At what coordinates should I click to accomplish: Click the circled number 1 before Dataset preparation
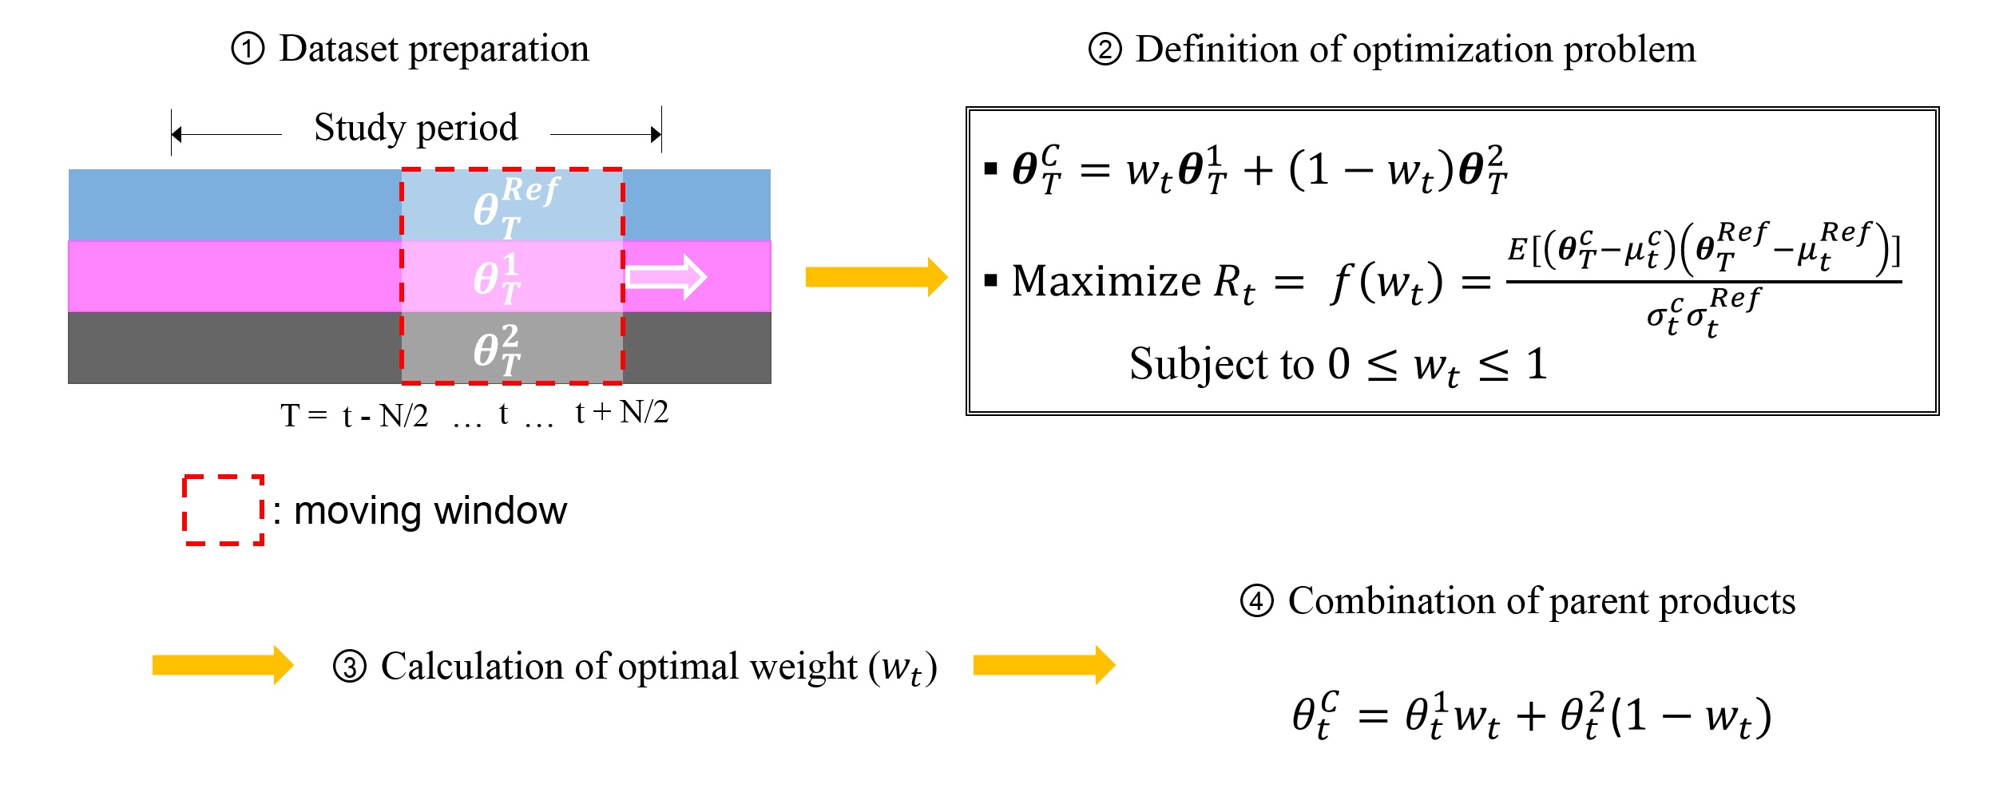248,50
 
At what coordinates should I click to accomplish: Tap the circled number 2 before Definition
1105,50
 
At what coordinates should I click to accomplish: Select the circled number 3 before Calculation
350,667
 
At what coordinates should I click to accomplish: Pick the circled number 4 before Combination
1256,601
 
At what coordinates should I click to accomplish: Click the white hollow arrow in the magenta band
666,277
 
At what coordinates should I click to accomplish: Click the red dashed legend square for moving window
224,510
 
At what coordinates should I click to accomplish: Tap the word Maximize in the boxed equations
1105,281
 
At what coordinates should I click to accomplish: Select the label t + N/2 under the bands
621,412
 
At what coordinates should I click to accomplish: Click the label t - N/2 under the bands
385,416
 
